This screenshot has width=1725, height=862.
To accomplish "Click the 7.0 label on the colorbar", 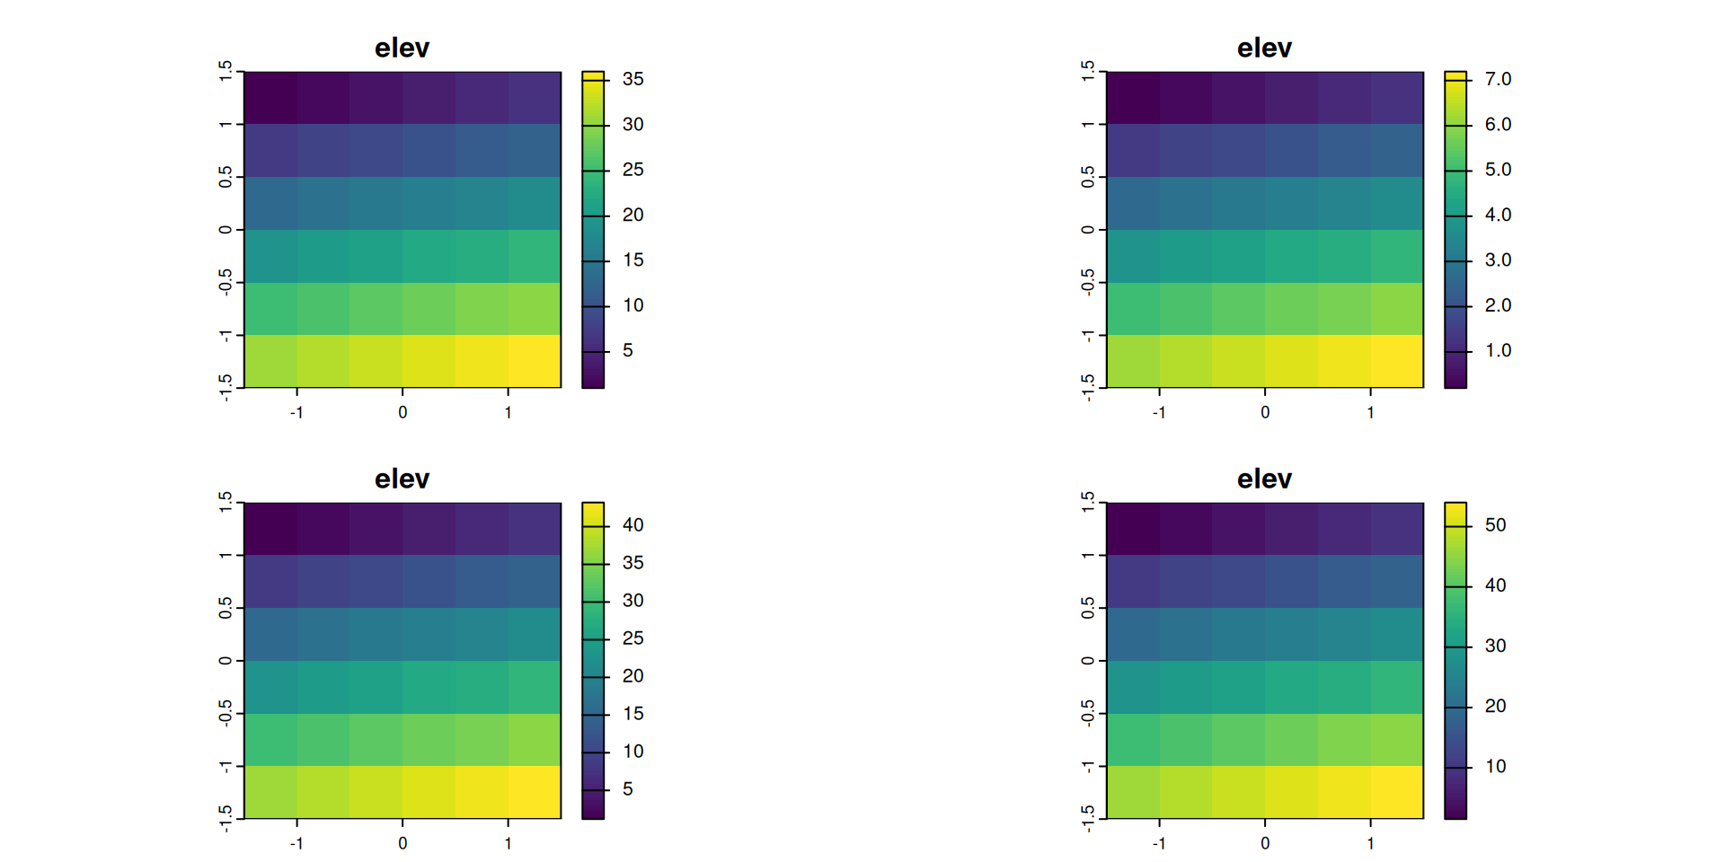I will click(1498, 79).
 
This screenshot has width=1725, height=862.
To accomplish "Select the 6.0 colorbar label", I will click(1498, 125).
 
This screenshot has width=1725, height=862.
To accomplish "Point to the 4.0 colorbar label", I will click(1498, 215).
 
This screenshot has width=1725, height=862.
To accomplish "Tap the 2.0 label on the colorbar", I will click(1498, 305).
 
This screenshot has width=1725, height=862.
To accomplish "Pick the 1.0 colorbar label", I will click(1498, 350).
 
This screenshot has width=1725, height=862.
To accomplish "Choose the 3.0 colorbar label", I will click(1498, 260).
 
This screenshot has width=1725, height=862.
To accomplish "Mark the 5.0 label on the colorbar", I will click(1498, 170).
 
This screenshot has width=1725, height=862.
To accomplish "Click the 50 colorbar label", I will click(1495, 525).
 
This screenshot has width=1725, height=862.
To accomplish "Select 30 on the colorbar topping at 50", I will click(1495, 646).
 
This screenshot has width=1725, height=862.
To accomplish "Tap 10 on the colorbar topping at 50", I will click(1495, 766).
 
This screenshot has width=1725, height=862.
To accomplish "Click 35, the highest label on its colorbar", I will click(632, 79).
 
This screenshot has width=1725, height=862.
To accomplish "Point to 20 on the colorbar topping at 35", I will click(632, 215).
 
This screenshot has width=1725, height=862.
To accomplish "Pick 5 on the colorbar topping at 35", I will click(627, 350).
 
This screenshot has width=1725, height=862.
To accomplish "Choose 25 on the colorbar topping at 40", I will click(632, 638).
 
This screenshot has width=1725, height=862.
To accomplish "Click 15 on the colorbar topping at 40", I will click(632, 714).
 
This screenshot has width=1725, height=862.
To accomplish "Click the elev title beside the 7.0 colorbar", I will click(1264, 48).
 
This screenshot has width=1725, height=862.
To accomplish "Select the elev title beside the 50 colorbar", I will click(1264, 479).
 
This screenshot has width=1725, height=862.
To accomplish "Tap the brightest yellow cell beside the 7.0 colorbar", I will click(1397, 361).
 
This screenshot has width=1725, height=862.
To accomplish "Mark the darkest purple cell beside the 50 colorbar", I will click(1133, 529).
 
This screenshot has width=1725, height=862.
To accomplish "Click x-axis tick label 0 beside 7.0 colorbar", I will click(1265, 412).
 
